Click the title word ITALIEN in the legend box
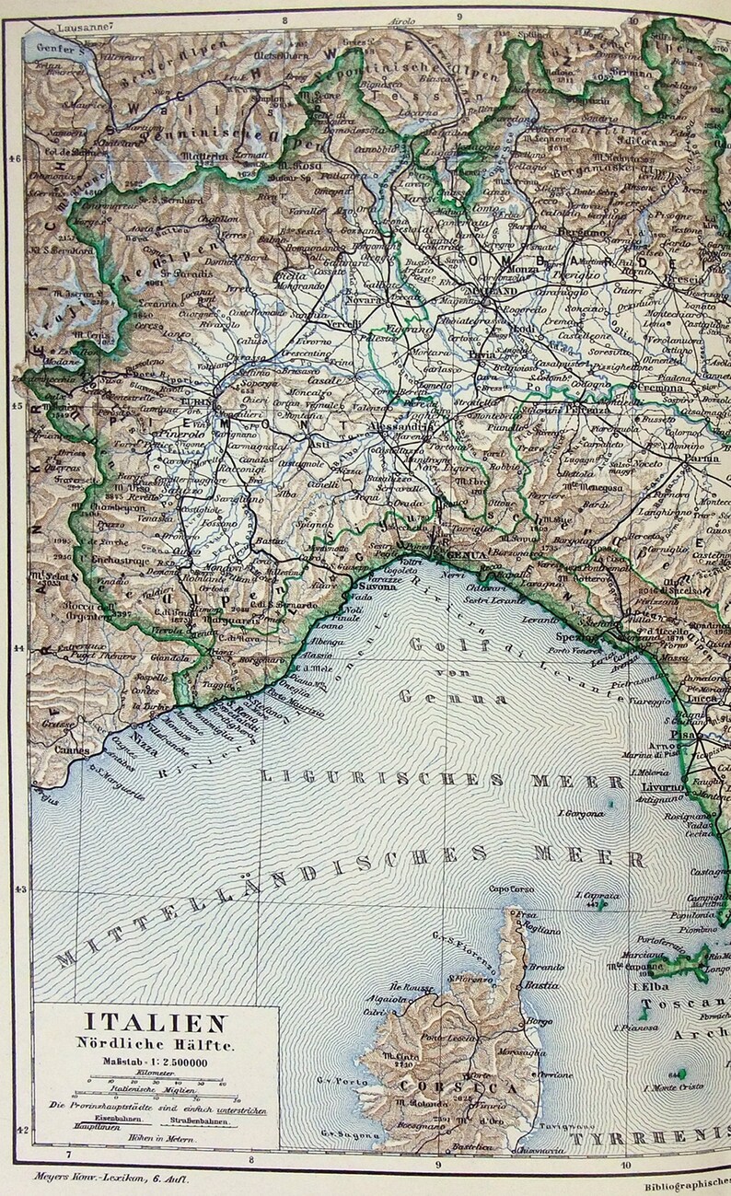(157, 1023)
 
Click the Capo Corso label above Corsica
(512, 888)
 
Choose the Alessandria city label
(403, 427)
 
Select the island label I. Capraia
(597, 895)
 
